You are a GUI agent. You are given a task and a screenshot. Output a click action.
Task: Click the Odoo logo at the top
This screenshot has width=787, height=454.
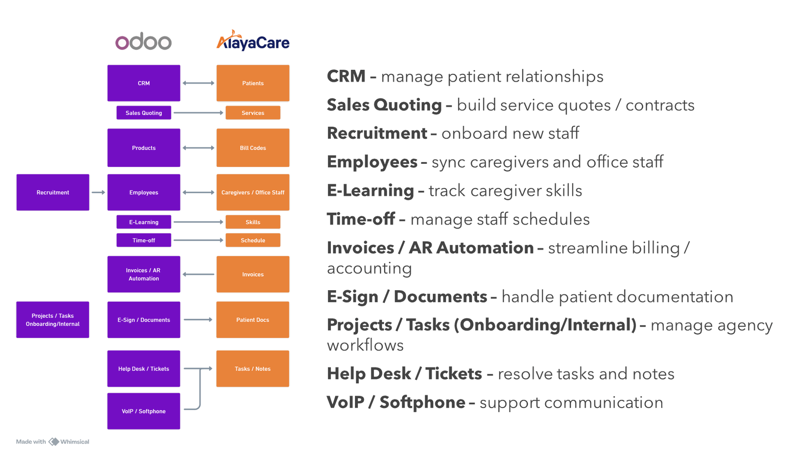point(143,42)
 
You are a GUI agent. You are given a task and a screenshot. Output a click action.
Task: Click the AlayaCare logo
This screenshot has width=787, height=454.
point(253,41)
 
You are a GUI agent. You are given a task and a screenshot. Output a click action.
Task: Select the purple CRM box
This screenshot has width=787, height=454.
point(144,83)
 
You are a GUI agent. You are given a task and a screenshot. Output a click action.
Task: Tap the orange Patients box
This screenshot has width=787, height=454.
point(253,83)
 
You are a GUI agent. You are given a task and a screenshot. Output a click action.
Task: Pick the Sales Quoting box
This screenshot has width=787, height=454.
point(144,112)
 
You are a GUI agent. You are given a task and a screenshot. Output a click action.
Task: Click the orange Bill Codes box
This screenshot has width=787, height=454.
point(253,148)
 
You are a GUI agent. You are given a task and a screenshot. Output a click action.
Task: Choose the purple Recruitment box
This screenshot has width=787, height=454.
point(53,192)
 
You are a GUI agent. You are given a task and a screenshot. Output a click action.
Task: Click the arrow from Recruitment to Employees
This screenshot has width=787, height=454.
point(98,192)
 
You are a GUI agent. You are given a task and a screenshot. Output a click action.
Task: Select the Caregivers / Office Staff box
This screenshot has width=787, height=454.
point(253,192)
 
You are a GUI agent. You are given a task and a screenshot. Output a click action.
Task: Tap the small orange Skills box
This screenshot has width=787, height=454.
point(253,222)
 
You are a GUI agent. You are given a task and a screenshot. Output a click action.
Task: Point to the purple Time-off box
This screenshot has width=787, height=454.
point(144,240)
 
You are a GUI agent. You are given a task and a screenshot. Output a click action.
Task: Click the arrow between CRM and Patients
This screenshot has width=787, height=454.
point(198,83)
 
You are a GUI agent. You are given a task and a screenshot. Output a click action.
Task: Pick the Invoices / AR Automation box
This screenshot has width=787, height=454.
point(144,274)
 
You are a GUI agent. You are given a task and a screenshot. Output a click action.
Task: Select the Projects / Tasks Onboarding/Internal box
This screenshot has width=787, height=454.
point(53,320)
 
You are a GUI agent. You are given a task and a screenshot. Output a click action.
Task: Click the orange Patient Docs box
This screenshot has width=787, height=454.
point(252,320)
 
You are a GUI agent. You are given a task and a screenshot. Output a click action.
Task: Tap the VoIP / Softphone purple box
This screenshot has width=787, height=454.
point(144,411)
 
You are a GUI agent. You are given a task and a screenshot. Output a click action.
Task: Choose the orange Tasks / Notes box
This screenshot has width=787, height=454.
point(252,369)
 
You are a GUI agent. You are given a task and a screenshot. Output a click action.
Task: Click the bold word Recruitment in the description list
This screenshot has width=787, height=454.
point(377,133)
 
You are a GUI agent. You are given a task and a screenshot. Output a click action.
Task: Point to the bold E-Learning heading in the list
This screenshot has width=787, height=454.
point(371,191)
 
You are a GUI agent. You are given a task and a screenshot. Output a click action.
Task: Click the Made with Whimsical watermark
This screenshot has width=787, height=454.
point(53,442)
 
